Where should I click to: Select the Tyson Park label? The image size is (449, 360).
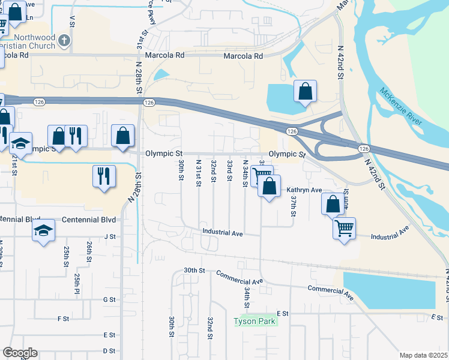[255, 321]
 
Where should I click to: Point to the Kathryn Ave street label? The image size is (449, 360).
[309, 190]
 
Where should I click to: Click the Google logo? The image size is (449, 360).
[20, 353]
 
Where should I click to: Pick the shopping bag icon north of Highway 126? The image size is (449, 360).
[305, 92]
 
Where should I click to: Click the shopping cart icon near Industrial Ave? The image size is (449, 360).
[345, 227]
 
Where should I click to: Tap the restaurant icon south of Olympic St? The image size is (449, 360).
[103, 176]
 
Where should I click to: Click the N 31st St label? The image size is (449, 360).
[198, 173]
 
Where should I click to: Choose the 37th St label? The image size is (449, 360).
[294, 206]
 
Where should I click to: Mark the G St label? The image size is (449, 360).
[109, 299]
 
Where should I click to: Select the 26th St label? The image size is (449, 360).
[89, 248]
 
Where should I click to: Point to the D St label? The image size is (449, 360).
[109, 350]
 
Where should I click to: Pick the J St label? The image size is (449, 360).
[109, 236]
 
